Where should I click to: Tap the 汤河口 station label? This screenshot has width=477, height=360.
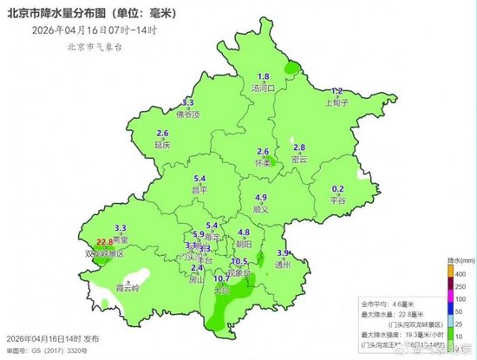tap(263, 88)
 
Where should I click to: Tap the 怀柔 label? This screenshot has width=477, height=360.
tap(264, 161)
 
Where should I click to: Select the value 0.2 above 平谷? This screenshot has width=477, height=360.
tap(339, 189)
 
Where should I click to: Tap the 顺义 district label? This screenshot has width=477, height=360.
tap(260, 208)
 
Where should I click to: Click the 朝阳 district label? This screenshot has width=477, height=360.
tap(244, 245)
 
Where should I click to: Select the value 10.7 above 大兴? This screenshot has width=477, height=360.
tap(221, 278)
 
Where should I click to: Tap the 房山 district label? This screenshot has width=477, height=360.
tap(196, 279)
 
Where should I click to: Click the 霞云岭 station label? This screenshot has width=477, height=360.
tap(129, 286)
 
